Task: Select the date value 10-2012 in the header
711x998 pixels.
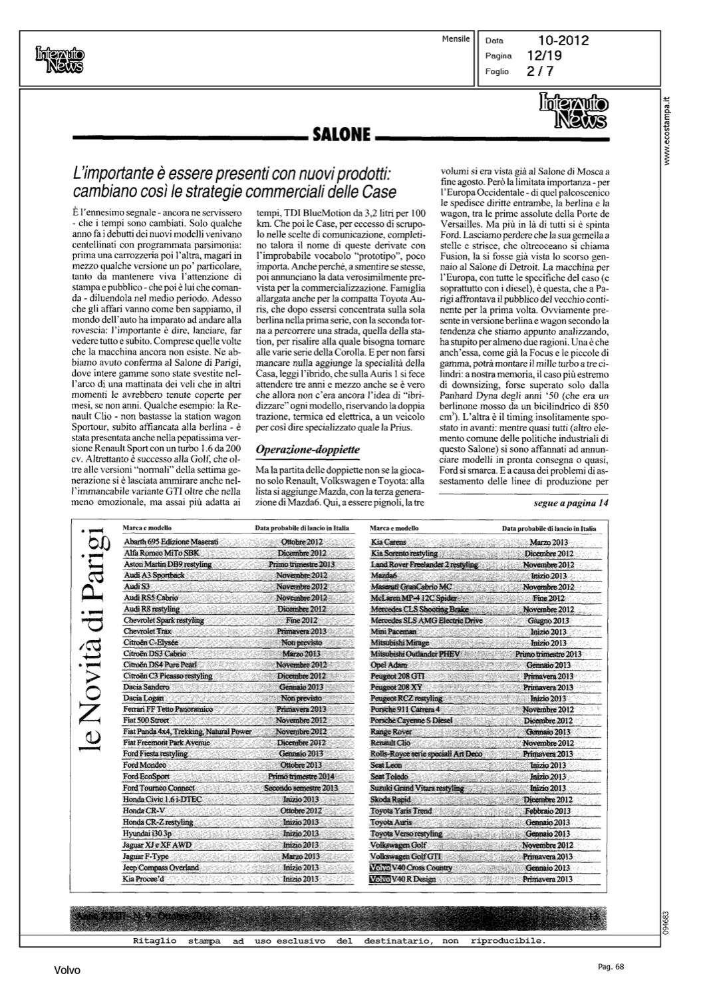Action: pos(563,41)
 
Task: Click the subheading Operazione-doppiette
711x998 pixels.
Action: pos(307,450)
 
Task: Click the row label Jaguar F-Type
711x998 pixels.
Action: pos(146,856)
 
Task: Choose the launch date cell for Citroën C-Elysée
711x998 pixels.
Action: pos(301,643)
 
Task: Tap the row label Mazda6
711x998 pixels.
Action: pos(384,576)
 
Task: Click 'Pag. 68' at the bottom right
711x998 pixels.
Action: pos(610,967)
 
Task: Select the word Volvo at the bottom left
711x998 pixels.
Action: pos(67,971)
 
